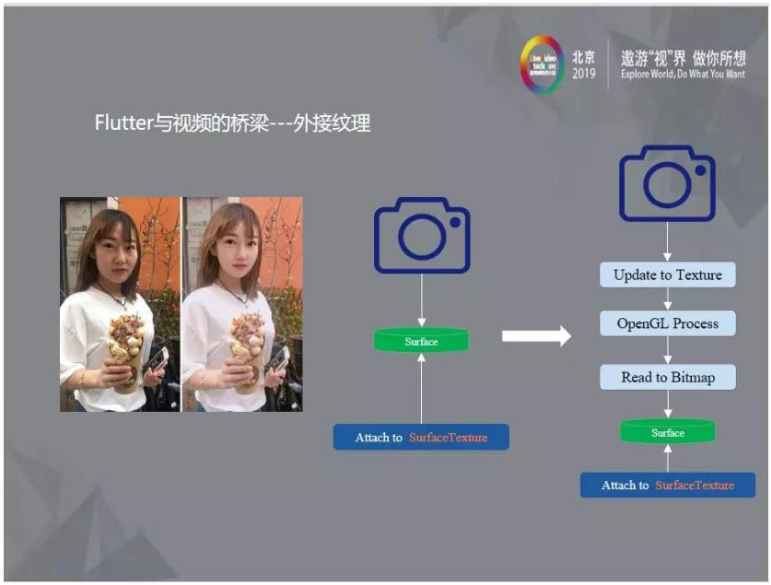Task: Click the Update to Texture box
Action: (x=668, y=275)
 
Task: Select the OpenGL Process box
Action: (x=668, y=323)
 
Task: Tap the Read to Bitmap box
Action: (x=668, y=377)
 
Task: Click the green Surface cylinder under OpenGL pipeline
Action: (x=668, y=432)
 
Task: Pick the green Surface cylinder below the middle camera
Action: (x=421, y=342)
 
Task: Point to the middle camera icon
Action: (x=422, y=236)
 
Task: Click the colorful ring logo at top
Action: (x=542, y=64)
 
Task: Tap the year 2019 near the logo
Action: (x=584, y=74)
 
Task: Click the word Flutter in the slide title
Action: (x=124, y=123)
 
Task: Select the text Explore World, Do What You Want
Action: (x=683, y=74)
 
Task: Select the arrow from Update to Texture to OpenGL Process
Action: (x=668, y=299)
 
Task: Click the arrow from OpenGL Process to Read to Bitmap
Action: (x=668, y=350)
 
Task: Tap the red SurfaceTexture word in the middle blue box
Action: (x=448, y=438)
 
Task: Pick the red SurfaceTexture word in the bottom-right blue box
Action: (x=695, y=486)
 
